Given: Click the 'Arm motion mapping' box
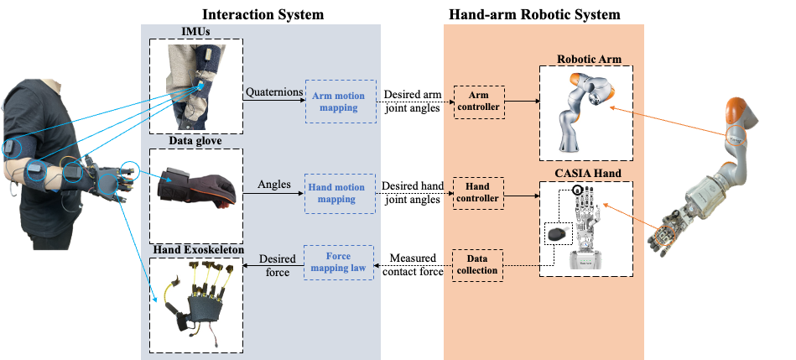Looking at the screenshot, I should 340,102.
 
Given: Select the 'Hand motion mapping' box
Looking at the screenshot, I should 340,194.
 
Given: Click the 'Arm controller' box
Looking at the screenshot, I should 478,102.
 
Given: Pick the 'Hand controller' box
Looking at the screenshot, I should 478,194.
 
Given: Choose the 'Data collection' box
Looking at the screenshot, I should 478,265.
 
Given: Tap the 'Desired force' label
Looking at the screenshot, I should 273,266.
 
